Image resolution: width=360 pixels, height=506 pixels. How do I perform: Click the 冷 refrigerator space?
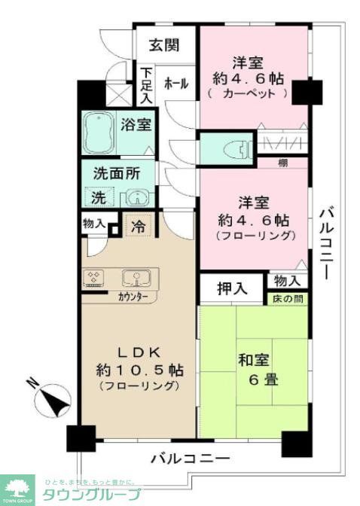(138, 224)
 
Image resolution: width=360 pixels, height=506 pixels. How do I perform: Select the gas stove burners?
(95, 278)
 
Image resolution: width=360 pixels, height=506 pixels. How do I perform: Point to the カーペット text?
(248, 94)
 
